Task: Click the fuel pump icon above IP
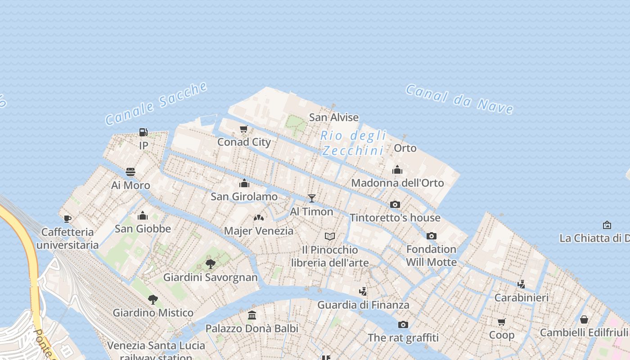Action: coord(144,132)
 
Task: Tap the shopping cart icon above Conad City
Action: coord(244,129)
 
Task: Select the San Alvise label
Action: coord(333,117)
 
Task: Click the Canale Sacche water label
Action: coord(157,103)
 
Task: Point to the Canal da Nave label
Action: coord(459,99)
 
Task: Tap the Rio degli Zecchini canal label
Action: coord(353,143)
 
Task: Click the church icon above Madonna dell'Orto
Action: coord(397,170)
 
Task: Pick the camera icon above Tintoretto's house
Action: coord(395,204)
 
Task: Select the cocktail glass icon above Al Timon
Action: coord(311,198)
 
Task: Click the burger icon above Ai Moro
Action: coord(130,172)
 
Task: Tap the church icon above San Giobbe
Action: coord(143,216)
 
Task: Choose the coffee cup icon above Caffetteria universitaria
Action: coord(67,219)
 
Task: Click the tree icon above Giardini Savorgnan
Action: coord(210,264)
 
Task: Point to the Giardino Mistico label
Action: coord(153,313)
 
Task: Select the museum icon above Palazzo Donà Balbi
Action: coord(252,315)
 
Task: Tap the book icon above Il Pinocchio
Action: coord(330,236)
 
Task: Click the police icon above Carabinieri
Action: coord(521,284)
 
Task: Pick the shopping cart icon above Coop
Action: coord(502,322)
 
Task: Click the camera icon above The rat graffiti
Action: coord(403,324)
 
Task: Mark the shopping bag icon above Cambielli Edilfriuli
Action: coord(584,319)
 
